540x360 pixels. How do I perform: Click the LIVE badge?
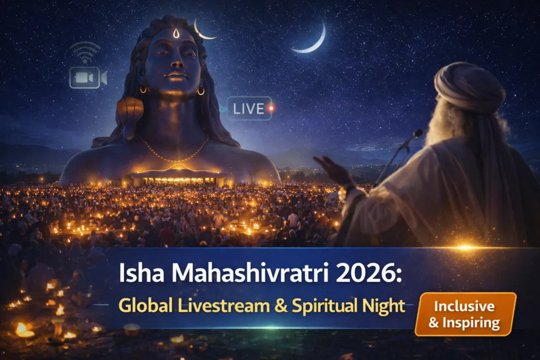249,109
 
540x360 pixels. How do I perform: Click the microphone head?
417,134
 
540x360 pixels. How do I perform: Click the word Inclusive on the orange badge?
465,306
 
